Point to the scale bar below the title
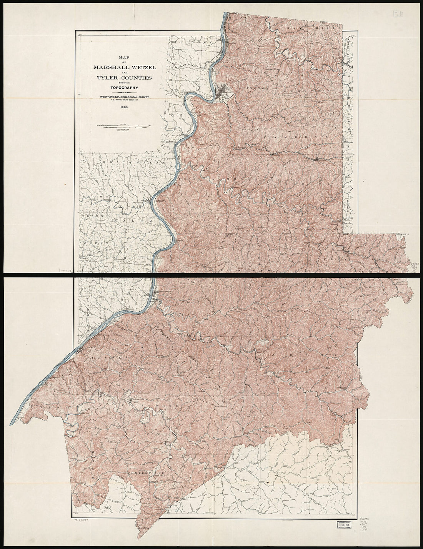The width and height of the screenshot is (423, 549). coord(122,125)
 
